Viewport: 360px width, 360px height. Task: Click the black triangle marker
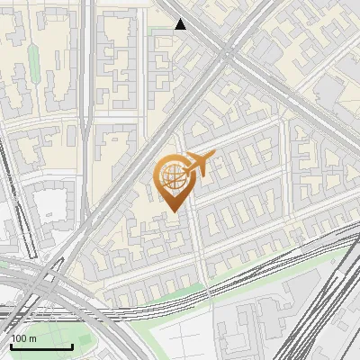click(181, 24)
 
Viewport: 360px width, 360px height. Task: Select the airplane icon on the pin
click(200, 165)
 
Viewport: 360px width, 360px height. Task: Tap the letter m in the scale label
click(33, 338)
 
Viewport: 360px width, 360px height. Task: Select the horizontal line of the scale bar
click(40, 347)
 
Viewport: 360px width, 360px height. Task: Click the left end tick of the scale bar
click(10, 346)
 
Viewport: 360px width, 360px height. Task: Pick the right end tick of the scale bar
click(72, 346)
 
